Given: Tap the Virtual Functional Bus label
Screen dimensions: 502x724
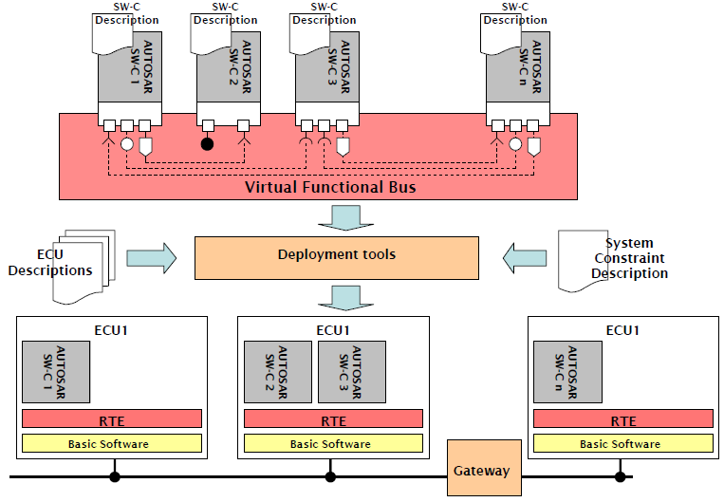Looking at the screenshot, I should [x=330, y=187].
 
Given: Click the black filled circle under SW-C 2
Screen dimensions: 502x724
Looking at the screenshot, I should [x=207, y=145].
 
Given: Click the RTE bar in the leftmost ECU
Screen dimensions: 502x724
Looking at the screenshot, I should [x=112, y=418].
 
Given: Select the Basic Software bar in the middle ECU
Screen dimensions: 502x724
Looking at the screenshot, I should [x=331, y=443].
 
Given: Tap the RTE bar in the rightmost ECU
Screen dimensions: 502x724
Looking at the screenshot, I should [x=622, y=418].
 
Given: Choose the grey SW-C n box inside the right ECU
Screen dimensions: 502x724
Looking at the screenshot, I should [x=566, y=372].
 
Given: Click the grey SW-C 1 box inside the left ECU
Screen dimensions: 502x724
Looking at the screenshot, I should [x=55, y=372].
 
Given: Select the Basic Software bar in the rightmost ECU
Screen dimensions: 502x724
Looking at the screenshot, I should [x=622, y=443].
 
